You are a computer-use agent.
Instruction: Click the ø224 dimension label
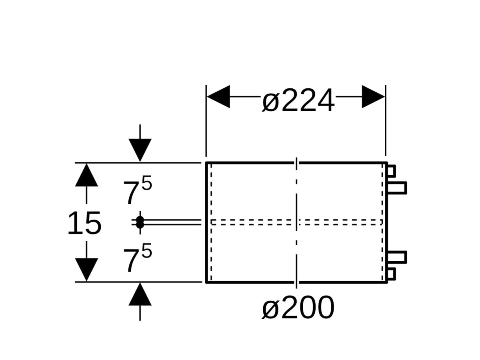(x=298, y=100)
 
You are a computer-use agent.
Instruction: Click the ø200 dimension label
(x=298, y=308)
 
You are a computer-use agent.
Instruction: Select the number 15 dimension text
(x=84, y=223)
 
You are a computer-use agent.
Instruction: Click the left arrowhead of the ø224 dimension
(x=218, y=97)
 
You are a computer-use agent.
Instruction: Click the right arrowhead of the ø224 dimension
(x=373, y=97)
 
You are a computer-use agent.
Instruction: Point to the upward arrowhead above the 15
(x=86, y=175)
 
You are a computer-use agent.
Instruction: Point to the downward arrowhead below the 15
(x=86, y=270)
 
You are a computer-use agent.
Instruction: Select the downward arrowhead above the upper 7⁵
(x=140, y=150)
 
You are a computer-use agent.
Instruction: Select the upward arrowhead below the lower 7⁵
(x=140, y=294)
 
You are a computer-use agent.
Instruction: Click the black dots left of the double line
(x=140, y=222)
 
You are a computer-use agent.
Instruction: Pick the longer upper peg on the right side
(x=397, y=188)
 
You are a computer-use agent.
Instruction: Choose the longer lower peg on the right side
(x=397, y=257)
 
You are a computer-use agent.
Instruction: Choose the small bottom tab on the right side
(x=392, y=274)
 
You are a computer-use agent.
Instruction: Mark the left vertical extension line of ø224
(x=206, y=121)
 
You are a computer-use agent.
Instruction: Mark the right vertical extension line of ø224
(x=386, y=120)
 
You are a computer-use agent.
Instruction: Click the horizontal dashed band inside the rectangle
(x=297, y=222)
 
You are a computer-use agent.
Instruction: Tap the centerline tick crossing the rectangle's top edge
(x=296, y=164)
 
